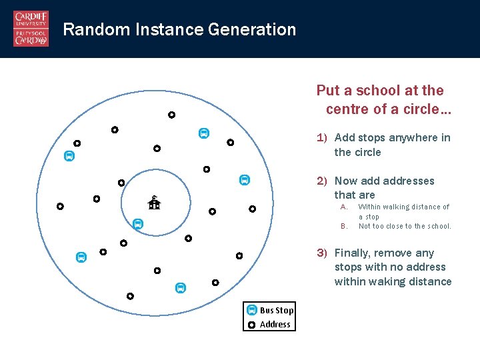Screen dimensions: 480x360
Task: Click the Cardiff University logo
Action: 31,29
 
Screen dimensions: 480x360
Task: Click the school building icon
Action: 154,203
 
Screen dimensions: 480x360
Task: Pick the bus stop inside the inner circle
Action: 137,224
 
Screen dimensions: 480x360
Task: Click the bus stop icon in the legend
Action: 251,310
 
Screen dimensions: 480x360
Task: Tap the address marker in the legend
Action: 251,325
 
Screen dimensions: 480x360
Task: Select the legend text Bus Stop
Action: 277,310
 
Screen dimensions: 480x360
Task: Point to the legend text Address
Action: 275,325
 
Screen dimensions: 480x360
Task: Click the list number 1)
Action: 322,138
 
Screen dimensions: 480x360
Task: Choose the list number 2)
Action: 322,181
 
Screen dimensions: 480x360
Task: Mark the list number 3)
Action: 322,253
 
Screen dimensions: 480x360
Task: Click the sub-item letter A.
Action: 344,207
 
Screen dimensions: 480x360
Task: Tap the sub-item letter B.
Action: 344,226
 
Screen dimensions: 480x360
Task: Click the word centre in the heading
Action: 347,109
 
